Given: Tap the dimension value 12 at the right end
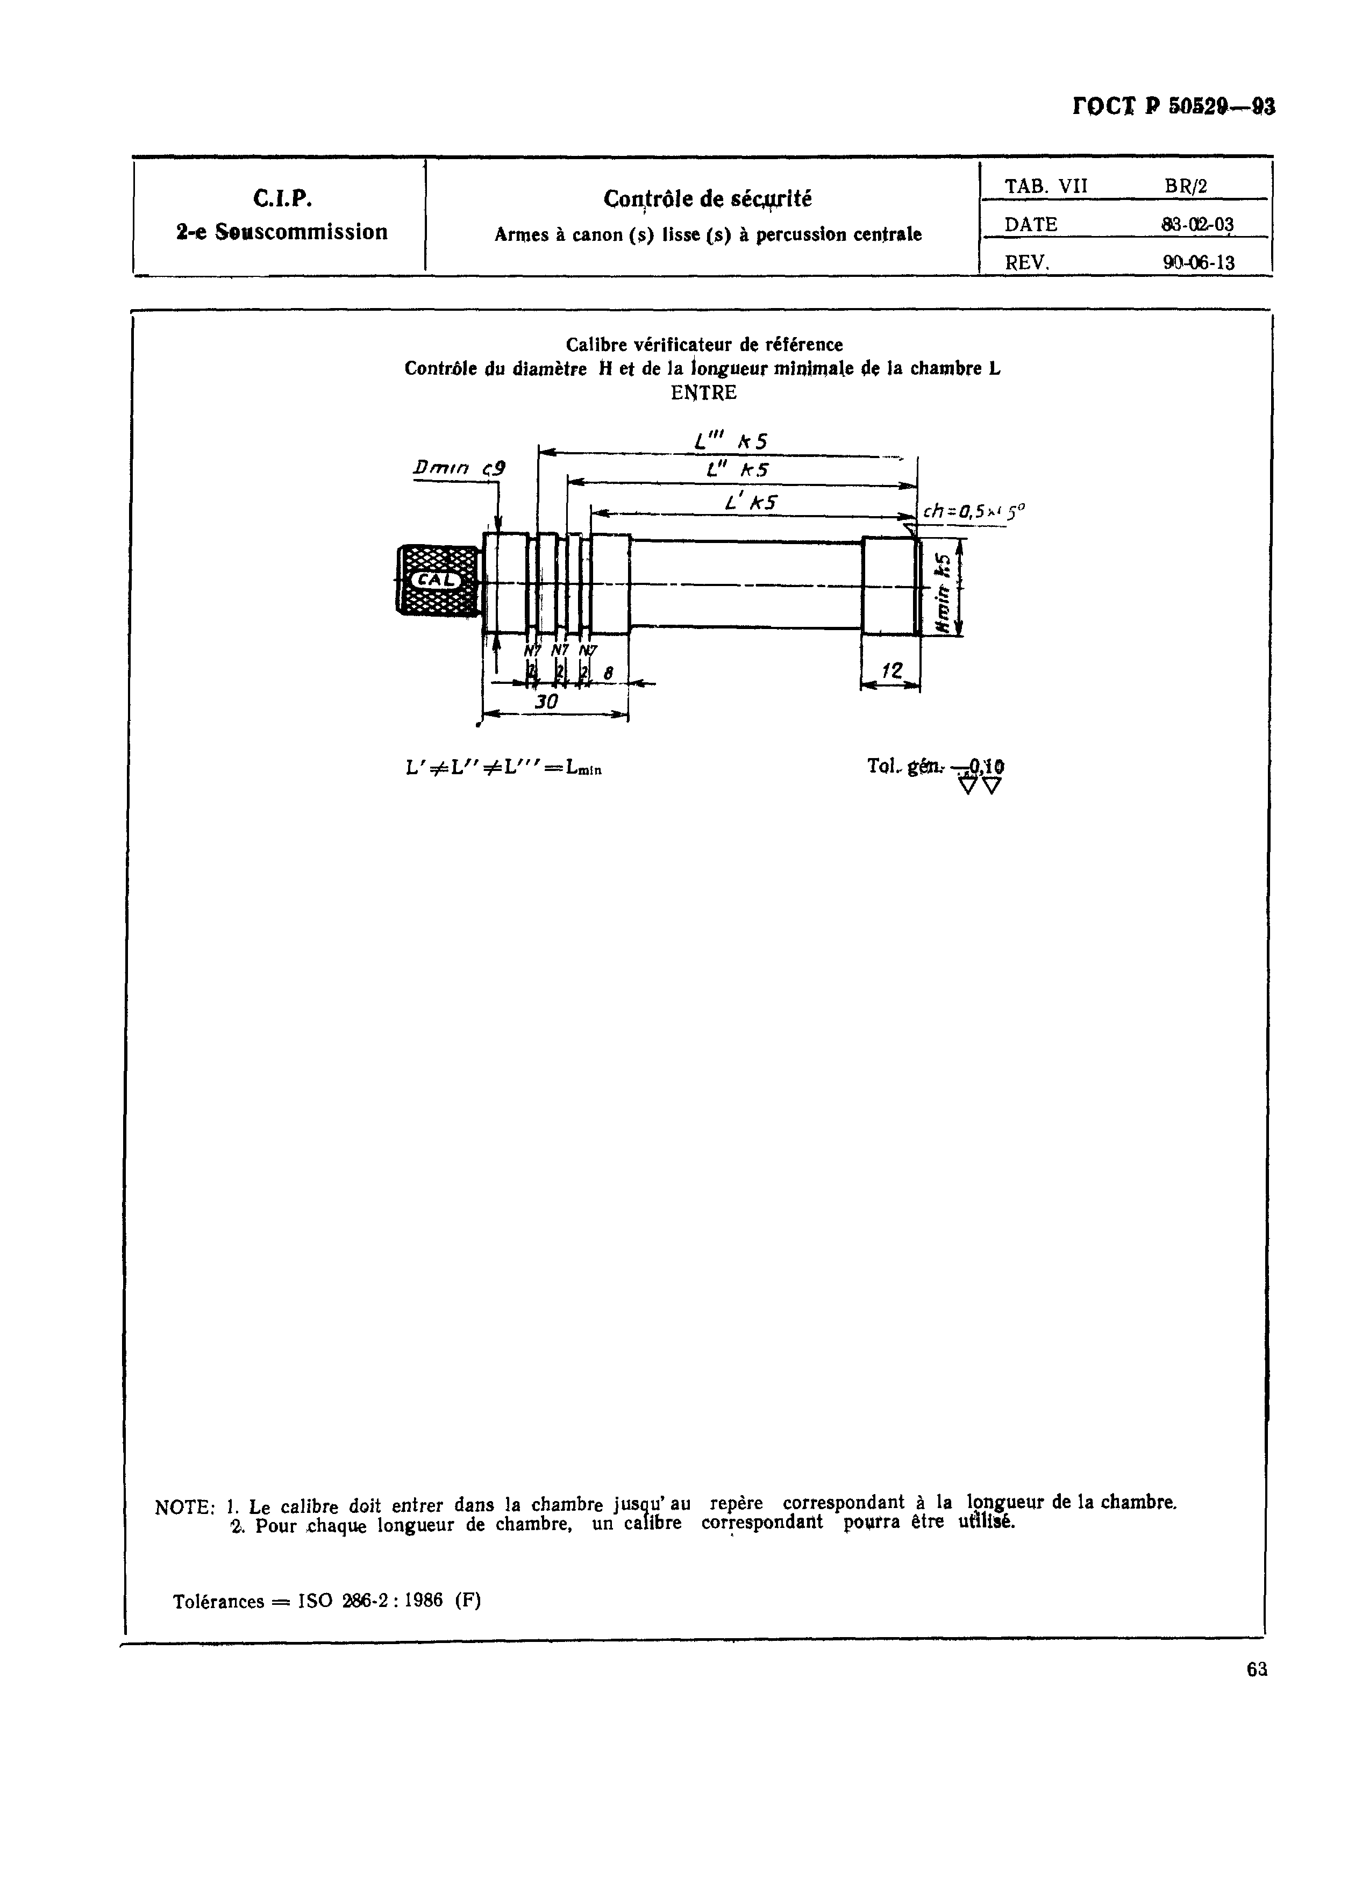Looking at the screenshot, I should (892, 670).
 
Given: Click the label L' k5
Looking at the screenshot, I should (751, 503).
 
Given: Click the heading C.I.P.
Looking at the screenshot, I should (282, 198).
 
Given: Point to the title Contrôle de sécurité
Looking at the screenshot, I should (708, 199).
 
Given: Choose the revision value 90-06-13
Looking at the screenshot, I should (1198, 263).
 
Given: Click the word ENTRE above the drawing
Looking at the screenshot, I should (703, 393).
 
